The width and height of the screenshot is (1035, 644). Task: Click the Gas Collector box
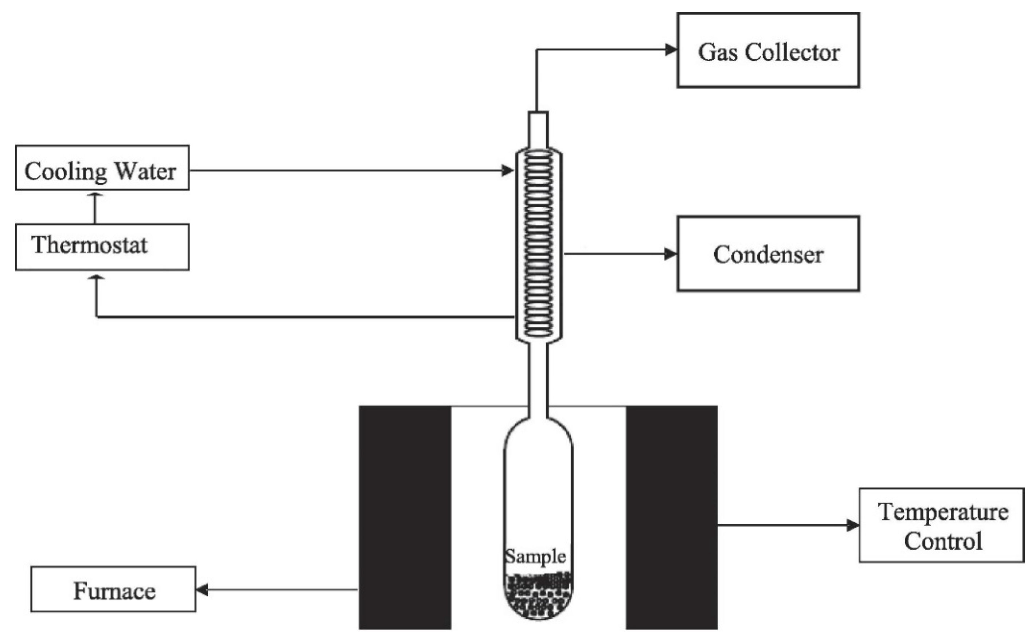click(768, 50)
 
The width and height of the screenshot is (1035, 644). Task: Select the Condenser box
click(768, 254)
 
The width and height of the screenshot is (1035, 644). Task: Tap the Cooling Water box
click(102, 168)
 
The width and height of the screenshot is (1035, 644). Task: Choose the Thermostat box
click(102, 247)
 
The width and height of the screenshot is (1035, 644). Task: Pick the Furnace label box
click(113, 589)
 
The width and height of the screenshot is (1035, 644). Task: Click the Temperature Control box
click(942, 525)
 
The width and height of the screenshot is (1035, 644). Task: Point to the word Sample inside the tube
click(536, 556)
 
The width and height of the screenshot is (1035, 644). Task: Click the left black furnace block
click(405, 518)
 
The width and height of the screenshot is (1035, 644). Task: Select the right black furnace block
click(672, 518)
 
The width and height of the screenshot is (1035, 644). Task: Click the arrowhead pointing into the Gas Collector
click(671, 50)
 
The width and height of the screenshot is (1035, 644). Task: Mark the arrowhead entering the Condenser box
click(671, 254)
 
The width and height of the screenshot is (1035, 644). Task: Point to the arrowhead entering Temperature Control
click(852, 525)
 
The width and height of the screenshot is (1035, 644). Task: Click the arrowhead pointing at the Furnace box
click(202, 590)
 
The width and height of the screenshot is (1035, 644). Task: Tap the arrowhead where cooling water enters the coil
click(508, 171)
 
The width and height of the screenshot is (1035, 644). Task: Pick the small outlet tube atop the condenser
click(538, 129)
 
